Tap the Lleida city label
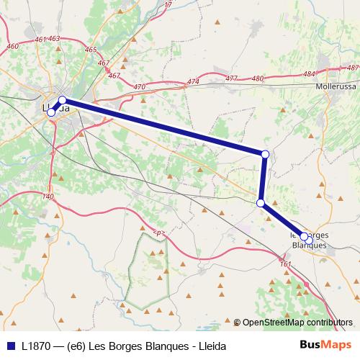tap(56, 108)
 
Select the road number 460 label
tap(12, 47)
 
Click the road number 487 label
tap(352, 68)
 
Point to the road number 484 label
tap(309, 74)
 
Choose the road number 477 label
tap(231, 78)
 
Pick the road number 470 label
tap(140, 87)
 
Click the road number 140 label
tap(48, 197)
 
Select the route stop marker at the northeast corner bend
tap(265, 154)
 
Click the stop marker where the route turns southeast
tap(261, 203)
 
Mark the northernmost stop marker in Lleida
tap(63, 100)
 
